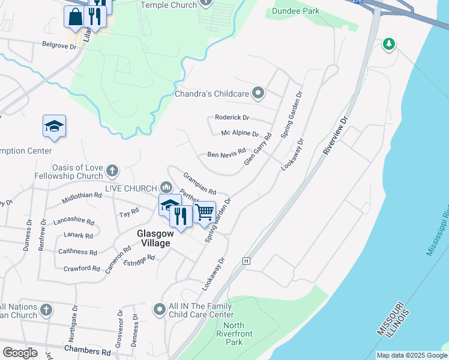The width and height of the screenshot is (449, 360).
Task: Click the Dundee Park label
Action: coord(295,11)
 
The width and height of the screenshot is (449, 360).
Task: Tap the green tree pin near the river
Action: coord(389,44)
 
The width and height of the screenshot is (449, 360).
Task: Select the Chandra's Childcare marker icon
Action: coord(258,93)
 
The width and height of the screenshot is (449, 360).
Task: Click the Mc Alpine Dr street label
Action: coord(240,134)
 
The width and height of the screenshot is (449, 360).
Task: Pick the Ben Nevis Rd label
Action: coord(226,154)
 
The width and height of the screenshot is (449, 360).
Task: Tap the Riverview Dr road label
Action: coord(336,136)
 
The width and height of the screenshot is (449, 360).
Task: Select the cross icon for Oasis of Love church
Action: coord(112,172)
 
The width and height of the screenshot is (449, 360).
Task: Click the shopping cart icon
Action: coord(205,211)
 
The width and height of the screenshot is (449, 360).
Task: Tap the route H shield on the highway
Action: coord(246,261)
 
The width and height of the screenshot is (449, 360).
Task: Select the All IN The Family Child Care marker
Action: coord(159,310)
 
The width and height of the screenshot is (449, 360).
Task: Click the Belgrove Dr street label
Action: coord(60,44)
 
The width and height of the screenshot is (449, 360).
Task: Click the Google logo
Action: coord(20,353)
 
